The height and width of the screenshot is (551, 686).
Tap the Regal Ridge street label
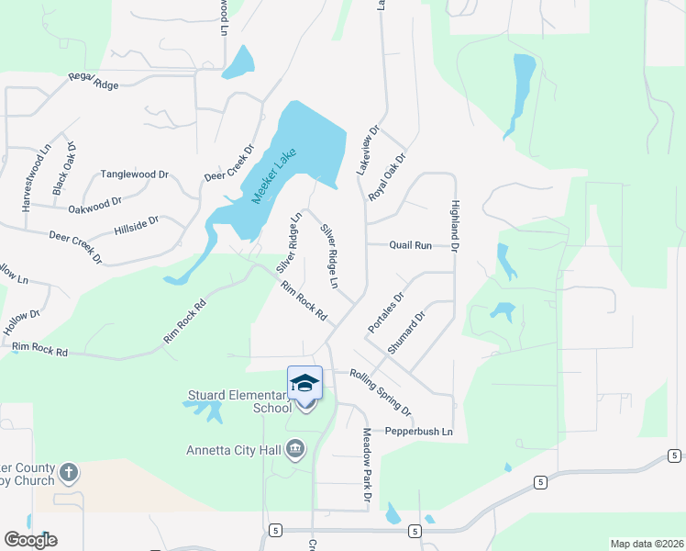94,84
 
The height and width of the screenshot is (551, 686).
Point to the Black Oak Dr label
64,169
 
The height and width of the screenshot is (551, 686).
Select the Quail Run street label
410,246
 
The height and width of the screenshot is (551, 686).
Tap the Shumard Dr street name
407,333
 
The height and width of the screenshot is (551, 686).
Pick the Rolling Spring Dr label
381,392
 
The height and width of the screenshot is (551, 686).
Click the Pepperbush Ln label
419,432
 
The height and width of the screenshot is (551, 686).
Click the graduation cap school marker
304,383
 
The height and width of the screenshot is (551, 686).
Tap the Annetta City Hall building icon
295,449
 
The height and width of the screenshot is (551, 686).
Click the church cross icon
67,473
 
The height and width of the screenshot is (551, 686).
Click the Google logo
30,540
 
